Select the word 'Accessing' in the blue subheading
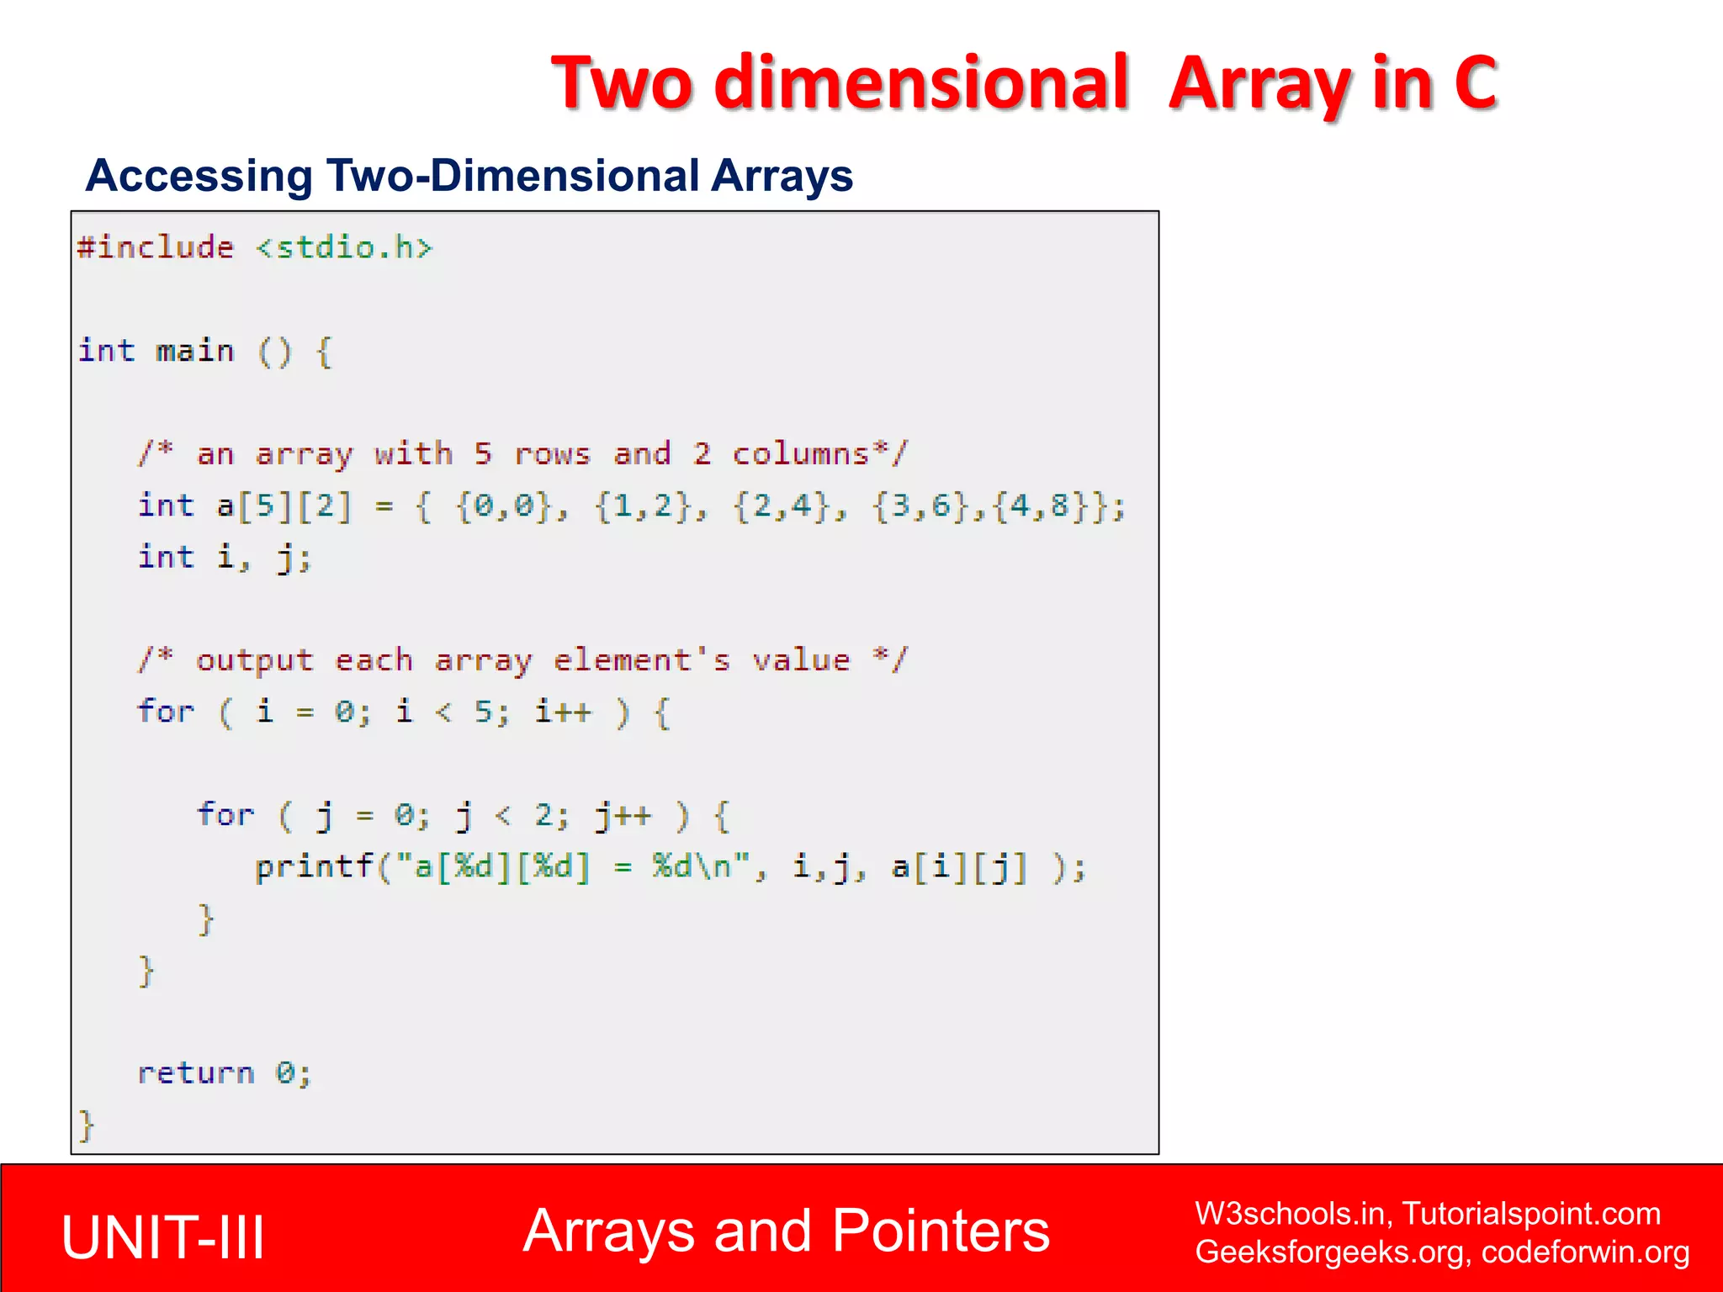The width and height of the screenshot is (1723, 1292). click(199, 176)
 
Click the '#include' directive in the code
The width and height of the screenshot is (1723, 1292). click(156, 248)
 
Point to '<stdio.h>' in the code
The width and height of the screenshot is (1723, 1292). click(344, 248)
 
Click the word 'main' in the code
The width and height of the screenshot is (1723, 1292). click(195, 351)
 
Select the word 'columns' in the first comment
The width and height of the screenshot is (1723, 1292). click(800, 454)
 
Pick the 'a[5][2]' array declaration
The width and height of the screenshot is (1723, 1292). click(284, 506)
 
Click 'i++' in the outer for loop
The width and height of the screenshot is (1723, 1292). click(563, 712)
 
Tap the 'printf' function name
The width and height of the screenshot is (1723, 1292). click(314, 867)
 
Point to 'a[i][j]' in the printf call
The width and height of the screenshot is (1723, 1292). click(959, 867)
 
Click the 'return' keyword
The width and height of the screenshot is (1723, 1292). click(196, 1073)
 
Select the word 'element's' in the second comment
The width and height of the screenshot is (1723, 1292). click(642, 661)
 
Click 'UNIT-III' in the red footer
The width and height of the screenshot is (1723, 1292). click(163, 1237)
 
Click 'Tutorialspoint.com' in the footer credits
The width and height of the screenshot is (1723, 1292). click(1531, 1214)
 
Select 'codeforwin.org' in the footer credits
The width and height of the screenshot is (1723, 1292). click(1585, 1252)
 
